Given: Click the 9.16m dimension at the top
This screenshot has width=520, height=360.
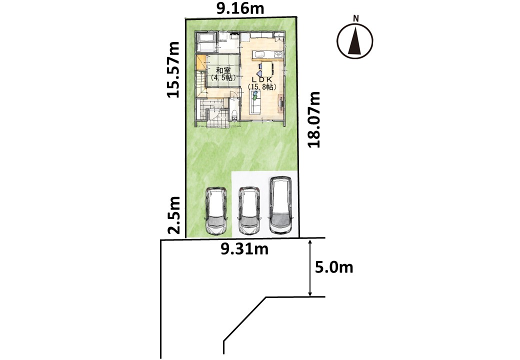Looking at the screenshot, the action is tap(240, 8).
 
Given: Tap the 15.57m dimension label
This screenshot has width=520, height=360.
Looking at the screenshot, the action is tap(173, 69).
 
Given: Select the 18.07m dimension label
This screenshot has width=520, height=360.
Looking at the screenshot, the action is tap(313, 119).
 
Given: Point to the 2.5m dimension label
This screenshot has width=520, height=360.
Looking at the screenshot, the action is tap(173, 215).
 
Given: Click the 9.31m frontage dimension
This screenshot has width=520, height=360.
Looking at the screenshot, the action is tap(244, 249).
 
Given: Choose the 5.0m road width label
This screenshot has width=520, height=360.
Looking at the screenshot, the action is tap(334, 267).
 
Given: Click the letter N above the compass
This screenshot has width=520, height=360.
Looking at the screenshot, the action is tap(356, 18).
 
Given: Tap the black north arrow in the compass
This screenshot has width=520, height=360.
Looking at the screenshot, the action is tap(355, 41).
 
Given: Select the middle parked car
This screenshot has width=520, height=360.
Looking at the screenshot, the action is tap(249, 210).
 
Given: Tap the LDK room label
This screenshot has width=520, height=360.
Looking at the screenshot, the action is tap(262, 80).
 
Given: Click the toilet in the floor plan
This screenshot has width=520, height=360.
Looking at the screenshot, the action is tap(235, 115).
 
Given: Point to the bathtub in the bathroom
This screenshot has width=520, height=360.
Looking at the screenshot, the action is tap(206, 42).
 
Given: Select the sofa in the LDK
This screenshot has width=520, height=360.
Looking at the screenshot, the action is tap(255, 103).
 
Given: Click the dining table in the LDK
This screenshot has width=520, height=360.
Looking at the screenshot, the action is tap(267, 69).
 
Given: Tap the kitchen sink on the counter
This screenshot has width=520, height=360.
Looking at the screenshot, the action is tap(259, 54).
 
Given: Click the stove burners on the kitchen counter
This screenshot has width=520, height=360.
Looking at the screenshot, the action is tap(279, 54).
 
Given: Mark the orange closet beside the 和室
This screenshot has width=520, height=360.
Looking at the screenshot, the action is tap(201, 63).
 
